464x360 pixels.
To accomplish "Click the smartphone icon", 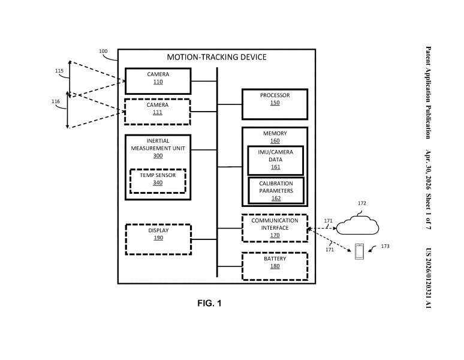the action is (359, 251).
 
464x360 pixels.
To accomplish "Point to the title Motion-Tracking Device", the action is (216, 57).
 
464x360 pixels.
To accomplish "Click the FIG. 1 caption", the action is (209, 303).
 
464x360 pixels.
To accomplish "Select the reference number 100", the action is (103, 51).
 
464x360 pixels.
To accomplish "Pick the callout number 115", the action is (59, 71).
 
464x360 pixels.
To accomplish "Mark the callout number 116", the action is (56, 101).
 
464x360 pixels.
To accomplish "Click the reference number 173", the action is (385, 246).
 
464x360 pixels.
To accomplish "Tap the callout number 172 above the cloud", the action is (362, 203).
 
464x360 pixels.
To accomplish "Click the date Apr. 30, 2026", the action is (428, 170).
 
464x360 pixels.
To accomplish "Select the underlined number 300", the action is (158, 156).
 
